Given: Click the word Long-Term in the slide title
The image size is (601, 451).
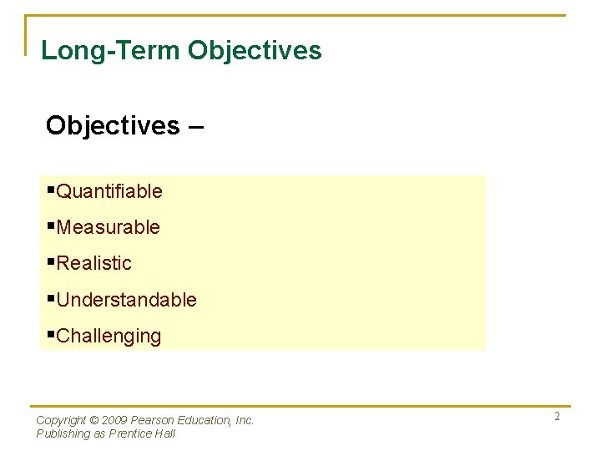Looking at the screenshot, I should click(111, 50).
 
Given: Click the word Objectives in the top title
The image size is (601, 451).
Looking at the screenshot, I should click(255, 50).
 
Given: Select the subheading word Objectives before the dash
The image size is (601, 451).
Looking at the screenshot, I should click(113, 125).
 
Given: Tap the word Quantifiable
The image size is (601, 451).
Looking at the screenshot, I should click(109, 191).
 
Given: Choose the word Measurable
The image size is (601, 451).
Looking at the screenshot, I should click(108, 227).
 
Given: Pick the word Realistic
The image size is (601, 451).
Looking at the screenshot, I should click(94, 263).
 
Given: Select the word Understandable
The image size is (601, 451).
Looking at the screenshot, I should click(126, 300).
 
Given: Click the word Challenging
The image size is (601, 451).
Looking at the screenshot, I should click(109, 337).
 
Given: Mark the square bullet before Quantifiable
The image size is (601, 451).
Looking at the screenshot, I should click(51, 190).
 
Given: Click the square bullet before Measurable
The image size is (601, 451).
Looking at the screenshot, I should click(51, 225).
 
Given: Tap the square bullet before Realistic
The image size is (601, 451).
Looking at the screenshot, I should click(51, 261).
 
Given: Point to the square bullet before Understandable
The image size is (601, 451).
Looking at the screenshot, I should click(51, 298).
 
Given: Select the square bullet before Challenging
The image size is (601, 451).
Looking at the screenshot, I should click(51, 334).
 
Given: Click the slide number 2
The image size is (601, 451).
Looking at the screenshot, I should click(557, 417).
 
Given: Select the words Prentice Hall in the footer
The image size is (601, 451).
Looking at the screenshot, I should click(148, 433).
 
